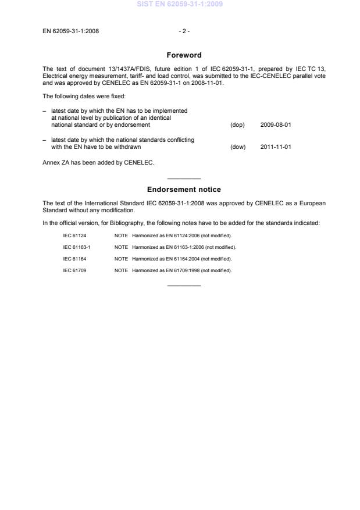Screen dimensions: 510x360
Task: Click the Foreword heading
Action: tap(184, 55)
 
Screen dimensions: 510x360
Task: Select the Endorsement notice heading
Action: tap(184, 190)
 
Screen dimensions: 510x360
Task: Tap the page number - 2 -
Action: tap(184, 31)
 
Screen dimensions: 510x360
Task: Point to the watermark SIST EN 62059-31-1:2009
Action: tap(180, 4)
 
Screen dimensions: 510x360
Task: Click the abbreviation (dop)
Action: tap(237, 125)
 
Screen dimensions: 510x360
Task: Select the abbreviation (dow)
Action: tap(238, 147)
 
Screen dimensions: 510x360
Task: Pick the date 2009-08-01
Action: tap(276, 125)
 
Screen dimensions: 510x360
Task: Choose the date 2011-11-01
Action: tap(276, 147)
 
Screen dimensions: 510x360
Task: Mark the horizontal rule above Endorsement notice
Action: tap(184, 179)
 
